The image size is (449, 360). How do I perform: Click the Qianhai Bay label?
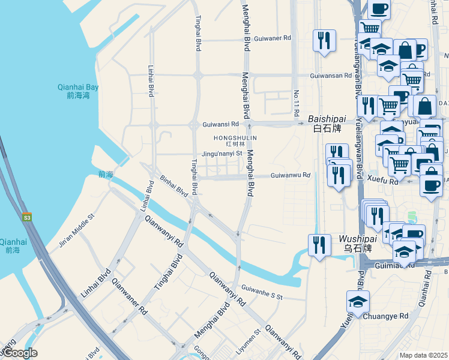tap(78, 91)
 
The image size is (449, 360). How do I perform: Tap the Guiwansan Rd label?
tap(331, 76)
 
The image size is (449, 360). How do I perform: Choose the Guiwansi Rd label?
tap(221, 124)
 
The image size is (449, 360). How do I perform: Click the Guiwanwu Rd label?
tap(291, 175)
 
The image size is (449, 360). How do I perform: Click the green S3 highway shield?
tap(27, 217)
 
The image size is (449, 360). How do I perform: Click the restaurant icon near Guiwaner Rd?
tap(324, 40)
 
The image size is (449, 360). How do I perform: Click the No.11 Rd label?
tap(297, 103)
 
